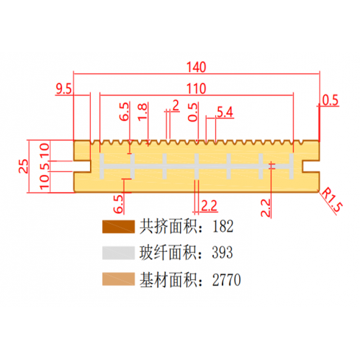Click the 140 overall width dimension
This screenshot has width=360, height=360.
click(197, 67)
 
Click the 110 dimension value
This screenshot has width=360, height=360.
click(197, 89)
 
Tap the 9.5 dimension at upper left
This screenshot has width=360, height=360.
click(63, 89)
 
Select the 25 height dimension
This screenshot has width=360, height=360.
click(24, 166)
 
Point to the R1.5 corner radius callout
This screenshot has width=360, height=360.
click(332, 200)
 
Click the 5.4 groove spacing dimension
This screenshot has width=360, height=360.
click(225, 112)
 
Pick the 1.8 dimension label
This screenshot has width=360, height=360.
click(143, 112)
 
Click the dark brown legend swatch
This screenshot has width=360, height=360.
click(118, 227)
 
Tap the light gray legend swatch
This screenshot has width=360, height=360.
click(118, 253)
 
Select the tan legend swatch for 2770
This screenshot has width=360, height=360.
click(118, 279)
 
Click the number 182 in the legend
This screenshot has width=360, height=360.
click(222, 226)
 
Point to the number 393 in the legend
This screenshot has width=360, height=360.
click(222, 253)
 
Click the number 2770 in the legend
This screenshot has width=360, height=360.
click(226, 279)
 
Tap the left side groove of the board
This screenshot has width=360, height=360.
click(82, 166)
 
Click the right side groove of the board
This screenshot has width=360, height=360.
click(311, 166)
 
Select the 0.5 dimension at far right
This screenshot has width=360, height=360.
click(330, 100)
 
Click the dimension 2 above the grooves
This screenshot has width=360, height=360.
click(176, 106)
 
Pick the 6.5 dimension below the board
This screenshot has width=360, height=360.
click(119, 204)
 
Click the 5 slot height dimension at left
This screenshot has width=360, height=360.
click(45, 166)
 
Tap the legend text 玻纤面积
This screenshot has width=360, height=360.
click(168, 253)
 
